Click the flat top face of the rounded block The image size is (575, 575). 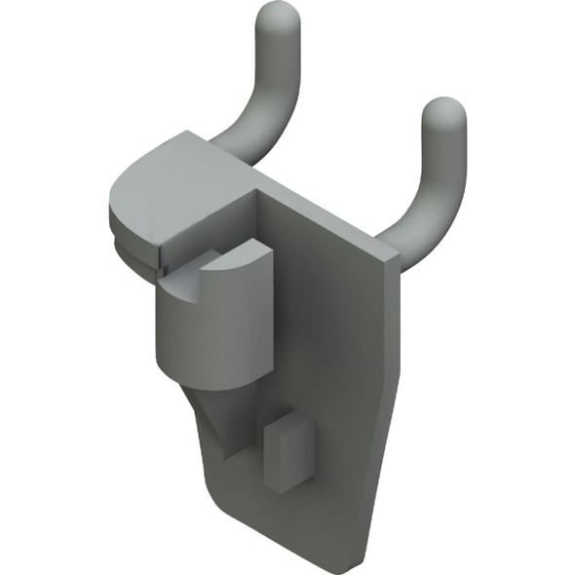pyautogui.click(x=171, y=185)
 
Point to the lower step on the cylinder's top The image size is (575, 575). pyautogui.click(x=185, y=283)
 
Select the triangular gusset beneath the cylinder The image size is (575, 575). pyautogui.click(x=219, y=414)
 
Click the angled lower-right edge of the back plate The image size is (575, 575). pyautogui.click(x=375, y=487)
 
